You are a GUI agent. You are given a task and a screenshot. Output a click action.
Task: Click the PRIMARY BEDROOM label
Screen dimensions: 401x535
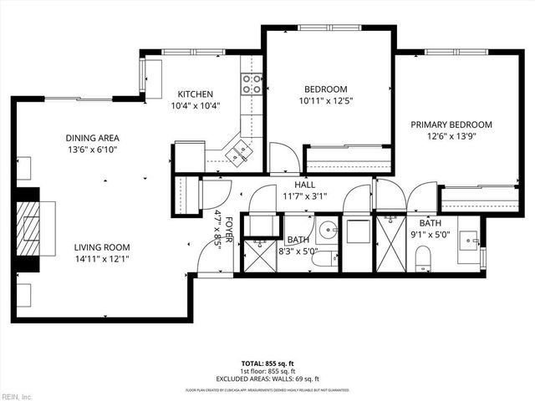[451, 124]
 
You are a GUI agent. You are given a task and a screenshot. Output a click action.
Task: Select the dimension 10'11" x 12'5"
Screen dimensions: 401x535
[325, 101]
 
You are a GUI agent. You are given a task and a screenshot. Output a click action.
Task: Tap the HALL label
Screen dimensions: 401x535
[304, 185]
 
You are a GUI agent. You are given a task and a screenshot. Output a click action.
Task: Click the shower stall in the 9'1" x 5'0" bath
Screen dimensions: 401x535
[390, 243]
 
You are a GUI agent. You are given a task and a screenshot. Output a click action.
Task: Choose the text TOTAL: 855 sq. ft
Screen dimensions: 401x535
[267, 363]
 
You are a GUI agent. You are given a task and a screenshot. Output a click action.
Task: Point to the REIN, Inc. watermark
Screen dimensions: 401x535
[16, 395]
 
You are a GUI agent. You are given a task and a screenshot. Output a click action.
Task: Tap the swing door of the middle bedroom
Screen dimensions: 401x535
[283, 157]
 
